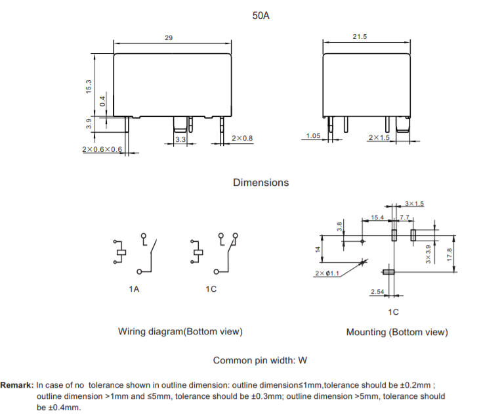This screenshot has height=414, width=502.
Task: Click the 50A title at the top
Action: click(261, 16)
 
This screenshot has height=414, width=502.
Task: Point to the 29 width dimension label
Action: click(169, 38)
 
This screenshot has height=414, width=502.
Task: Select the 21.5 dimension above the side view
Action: click(360, 37)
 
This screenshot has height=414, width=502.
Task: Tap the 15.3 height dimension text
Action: click(89, 87)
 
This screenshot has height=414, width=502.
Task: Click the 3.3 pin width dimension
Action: click(180, 139)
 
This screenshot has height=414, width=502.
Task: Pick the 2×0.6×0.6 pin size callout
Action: click(102, 149)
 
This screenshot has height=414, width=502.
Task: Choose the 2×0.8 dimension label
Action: click(242, 138)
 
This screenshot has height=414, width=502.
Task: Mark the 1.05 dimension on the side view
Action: click(313, 135)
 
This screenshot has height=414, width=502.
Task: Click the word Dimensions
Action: click(261, 183)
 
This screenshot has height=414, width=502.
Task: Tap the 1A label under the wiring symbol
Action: click(134, 289)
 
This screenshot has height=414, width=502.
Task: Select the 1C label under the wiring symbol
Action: click(211, 289)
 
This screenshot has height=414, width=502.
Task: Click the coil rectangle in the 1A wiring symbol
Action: click(121, 252)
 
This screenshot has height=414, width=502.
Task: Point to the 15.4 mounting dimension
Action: click(377, 218)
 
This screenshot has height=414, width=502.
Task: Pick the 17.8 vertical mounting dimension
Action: click(450, 254)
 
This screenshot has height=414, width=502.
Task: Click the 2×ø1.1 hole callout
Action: click(327, 273)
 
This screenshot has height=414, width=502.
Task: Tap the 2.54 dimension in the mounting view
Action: click(377, 292)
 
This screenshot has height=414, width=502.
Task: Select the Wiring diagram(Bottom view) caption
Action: click(180, 331)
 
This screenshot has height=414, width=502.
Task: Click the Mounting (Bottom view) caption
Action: click(397, 332)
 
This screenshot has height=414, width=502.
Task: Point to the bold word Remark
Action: click(16, 385)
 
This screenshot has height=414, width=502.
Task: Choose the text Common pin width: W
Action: click(260, 361)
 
